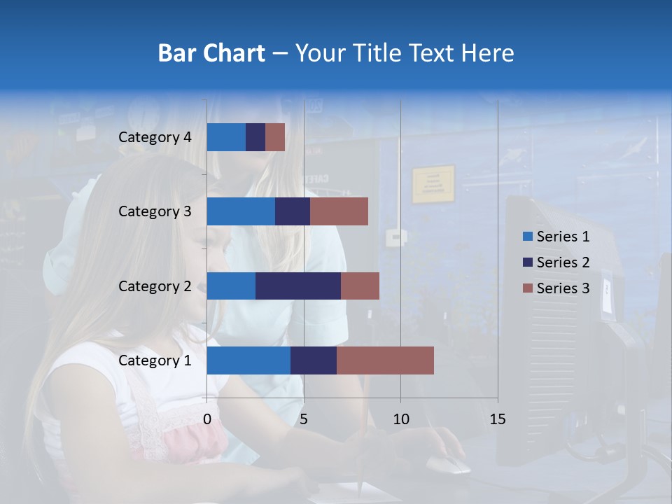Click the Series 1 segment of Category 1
pyautogui.click(x=248, y=360)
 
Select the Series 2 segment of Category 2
pyautogui.click(x=298, y=286)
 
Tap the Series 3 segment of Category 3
pyautogui.click(x=339, y=211)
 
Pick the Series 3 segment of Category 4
pyautogui.click(x=275, y=137)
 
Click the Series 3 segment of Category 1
pyautogui.click(x=385, y=360)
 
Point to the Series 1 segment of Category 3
pyautogui.click(x=241, y=211)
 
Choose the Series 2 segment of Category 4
pyautogui.click(x=255, y=137)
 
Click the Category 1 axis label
pyautogui.click(x=155, y=360)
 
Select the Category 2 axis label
pyautogui.click(x=155, y=286)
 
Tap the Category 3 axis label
pyautogui.click(x=155, y=211)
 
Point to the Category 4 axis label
pyautogui.click(x=155, y=137)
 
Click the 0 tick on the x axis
pyautogui.click(x=207, y=419)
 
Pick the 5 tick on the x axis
pyautogui.click(x=304, y=419)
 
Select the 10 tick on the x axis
pyautogui.click(x=400, y=419)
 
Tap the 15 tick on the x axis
pyautogui.click(x=497, y=419)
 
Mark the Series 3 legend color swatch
pyautogui.click(x=528, y=288)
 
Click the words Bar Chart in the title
pyautogui.click(x=211, y=52)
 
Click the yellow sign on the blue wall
pyautogui.click(x=433, y=184)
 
